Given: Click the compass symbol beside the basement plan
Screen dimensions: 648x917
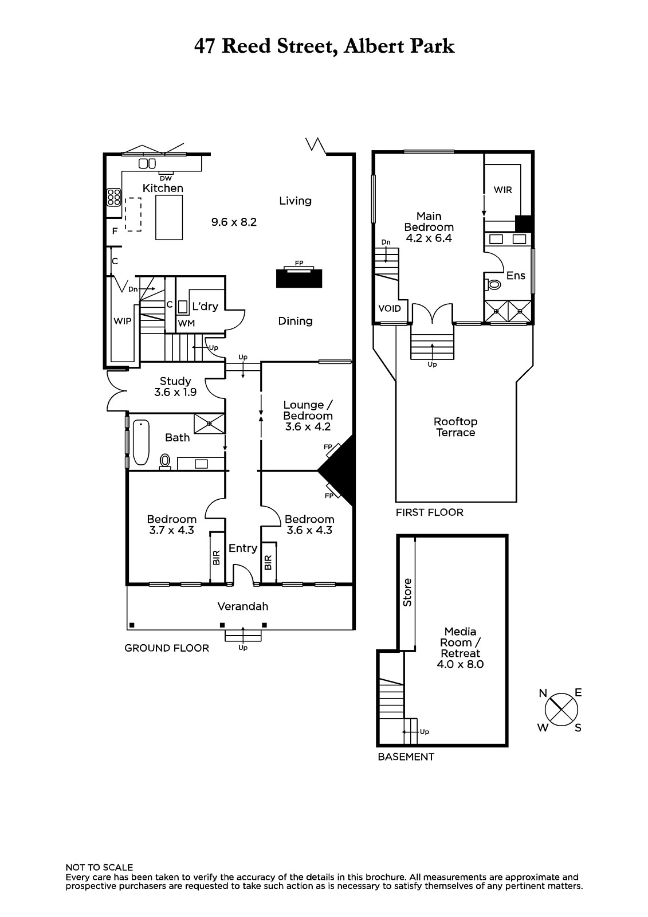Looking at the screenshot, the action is (561, 710).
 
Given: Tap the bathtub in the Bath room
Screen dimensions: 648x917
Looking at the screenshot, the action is (141, 442).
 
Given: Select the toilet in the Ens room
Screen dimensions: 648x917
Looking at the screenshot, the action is (493, 284).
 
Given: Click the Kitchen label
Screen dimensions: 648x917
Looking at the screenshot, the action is (163, 189).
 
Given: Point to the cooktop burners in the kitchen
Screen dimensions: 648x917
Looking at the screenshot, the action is (114, 197).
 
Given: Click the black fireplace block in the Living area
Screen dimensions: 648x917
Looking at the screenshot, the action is (299, 279).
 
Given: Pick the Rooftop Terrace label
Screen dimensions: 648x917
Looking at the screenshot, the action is (455, 427).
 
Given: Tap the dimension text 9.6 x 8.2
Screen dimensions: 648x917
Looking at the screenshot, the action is (234, 222).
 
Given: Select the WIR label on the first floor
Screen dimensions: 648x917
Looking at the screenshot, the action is (502, 190).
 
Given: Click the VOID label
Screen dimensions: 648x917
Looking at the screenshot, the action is (389, 308).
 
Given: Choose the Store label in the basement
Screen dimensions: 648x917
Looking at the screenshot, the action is (407, 593).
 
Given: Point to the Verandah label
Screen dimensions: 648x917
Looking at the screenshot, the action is (243, 606).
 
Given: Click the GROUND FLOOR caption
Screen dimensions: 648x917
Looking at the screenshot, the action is (167, 648).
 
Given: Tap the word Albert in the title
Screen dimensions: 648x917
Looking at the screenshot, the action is (374, 46).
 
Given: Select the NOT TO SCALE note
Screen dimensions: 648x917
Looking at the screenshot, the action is (99, 868).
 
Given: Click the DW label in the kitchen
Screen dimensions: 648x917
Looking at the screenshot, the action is (166, 178).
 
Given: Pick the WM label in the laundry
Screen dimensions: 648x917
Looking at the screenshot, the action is (186, 323).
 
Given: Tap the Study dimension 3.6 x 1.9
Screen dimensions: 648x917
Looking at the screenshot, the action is (175, 392).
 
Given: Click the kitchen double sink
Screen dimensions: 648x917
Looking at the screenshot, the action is (147, 164).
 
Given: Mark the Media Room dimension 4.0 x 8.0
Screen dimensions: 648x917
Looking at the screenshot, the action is (460, 664).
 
